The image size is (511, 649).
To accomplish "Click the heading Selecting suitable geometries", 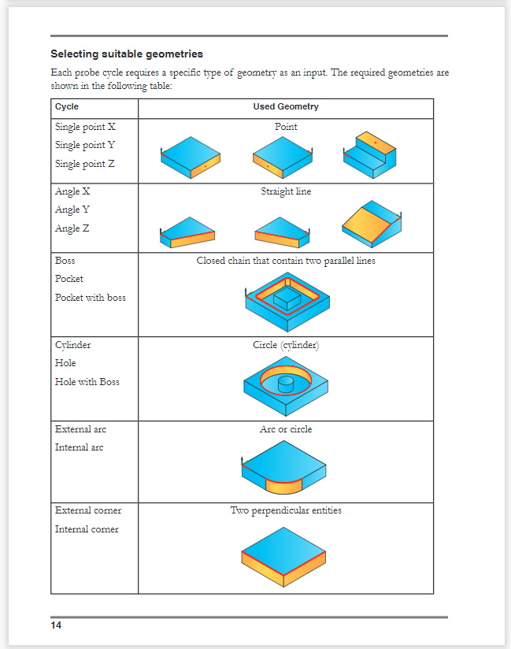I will tap(127, 54).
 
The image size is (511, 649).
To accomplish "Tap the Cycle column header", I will tap(67, 107).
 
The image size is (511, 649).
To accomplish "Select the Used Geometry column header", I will tap(285, 107).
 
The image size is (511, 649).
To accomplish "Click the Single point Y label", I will tap(85, 145).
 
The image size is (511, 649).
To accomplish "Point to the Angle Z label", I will tap(72, 228).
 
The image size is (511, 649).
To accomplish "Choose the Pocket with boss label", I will tap(90, 298).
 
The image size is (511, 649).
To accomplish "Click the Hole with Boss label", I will tap(87, 382).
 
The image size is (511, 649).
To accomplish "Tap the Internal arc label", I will tap(79, 447).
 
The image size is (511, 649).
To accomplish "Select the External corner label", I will tap(87, 510).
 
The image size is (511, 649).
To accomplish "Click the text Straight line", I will tap(286, 191).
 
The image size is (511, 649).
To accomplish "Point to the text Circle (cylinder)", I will tap(286, 345).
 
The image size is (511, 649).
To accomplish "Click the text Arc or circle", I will tap(286, 430).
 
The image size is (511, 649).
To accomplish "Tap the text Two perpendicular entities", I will tap(286, 510).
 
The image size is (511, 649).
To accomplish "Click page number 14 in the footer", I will tap(57, 625).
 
